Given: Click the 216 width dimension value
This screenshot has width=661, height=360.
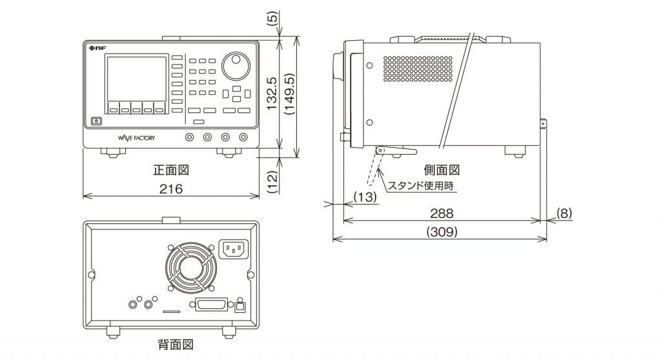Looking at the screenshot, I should click(171, 188).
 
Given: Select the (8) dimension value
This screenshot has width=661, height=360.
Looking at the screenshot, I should click(564, 212).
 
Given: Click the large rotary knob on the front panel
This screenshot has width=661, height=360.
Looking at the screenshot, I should click(236, 66).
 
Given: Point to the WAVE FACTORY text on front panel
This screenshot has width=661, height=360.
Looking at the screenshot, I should click(137, 137).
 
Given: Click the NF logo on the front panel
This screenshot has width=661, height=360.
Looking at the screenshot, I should click(96, 47).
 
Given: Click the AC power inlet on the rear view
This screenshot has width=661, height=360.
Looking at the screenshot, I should click(235, 249).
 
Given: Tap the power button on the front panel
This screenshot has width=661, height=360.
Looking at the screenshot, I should click(97, 121).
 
